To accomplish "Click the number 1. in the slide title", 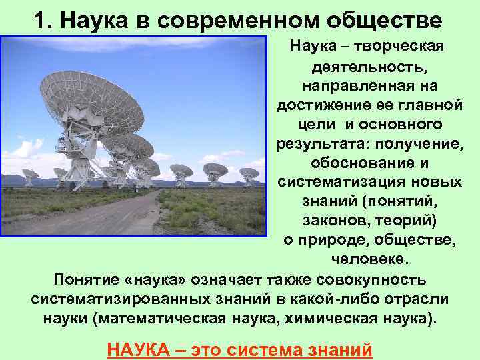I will point(43,20).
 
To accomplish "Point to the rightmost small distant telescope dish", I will point(249,175).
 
